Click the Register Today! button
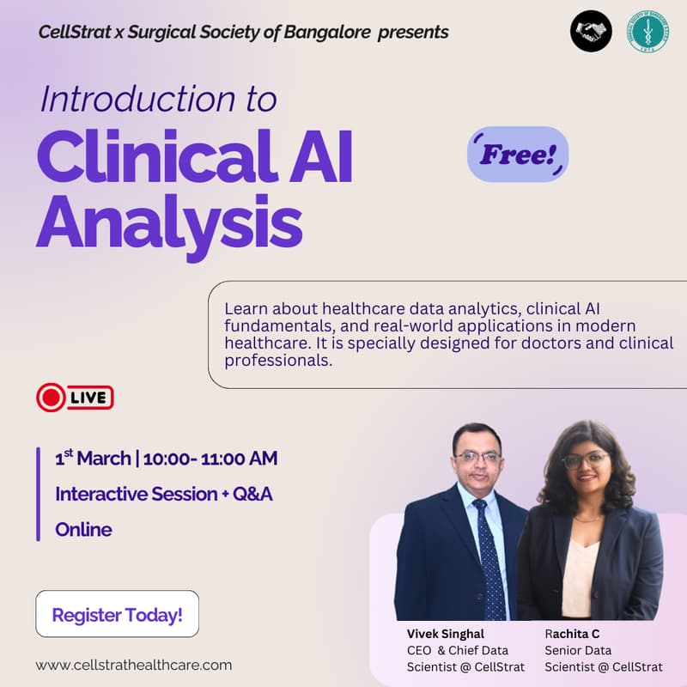click(x=117, y=615)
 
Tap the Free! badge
click(x=518, y=155)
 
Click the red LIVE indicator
click(x=76, y=397)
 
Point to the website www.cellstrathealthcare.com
click(x=134, y=665)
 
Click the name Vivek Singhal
click(x=446, y=634)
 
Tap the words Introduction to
click(x=158, y=100)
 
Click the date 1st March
click(x=93, y=459)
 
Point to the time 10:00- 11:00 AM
click(x=210, y=459)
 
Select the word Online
click(x=83, y=529)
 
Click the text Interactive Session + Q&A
click(x=164, y=494)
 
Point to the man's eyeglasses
click(x=477, y=456)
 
